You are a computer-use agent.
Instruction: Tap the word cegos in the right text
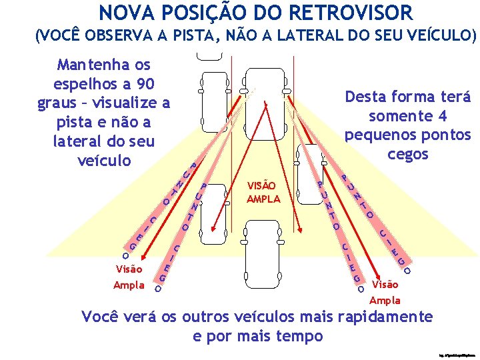(x=408, y=155)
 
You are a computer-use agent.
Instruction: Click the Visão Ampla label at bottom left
(x=129, y=277)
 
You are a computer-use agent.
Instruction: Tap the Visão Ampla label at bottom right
(x=385, y=292)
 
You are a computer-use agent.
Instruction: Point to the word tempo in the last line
(x=298, y=335)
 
